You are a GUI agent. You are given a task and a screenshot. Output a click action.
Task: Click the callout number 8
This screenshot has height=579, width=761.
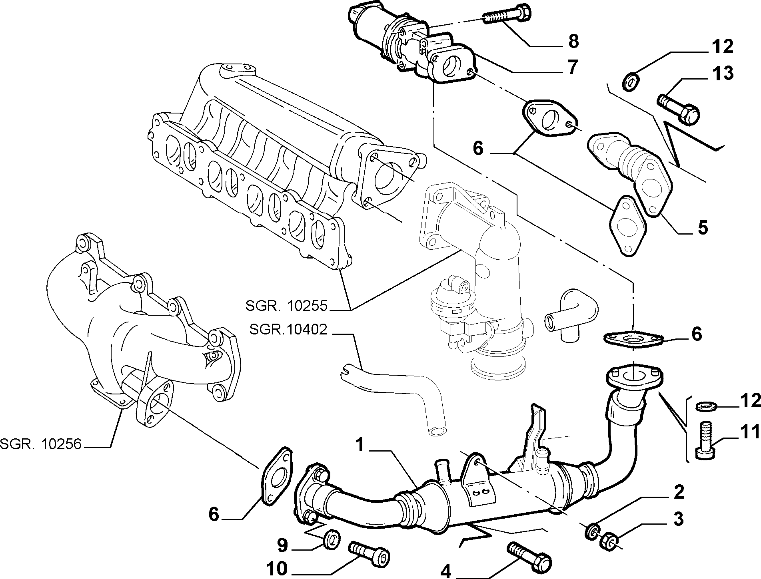pyautogui.click(x=573, y=41)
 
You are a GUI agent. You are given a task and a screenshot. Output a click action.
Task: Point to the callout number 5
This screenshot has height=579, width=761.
pyautogui.click(x=703, y=227)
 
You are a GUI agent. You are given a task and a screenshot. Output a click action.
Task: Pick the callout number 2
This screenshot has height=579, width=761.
pyautogui.click(x=679, y=493)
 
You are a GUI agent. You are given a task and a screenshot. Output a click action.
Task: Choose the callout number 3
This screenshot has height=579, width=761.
pyautogui.click(x=678, y=519)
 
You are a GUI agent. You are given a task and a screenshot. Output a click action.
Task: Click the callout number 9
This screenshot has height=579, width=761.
pyautogui.click(x=282, y=546)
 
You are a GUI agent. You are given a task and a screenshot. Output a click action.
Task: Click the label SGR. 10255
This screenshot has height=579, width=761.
pyautogui.click(x=286, y=306)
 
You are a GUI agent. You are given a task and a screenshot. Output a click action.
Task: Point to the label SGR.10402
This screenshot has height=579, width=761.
pyautogui.click(x=288, y=329)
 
